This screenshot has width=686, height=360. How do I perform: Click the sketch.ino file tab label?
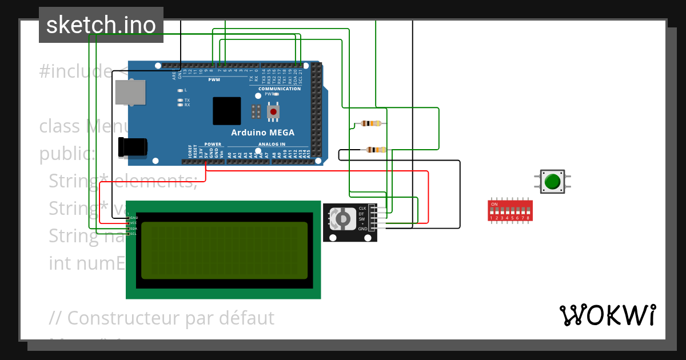tap(101, 25)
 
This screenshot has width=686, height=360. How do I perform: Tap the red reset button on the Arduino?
tap(274, 111)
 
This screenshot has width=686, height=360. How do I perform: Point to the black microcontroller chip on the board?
tap(226, 111)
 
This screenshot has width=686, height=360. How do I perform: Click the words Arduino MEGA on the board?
tap(262, 133)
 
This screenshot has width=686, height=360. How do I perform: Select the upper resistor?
tap(372, 123)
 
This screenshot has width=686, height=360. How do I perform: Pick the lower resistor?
tap(376, 150)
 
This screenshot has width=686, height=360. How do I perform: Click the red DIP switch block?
tap(510, 210)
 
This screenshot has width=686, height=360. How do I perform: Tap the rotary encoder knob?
tap(342, 218)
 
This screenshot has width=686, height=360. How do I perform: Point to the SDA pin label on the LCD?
tap(133, 229)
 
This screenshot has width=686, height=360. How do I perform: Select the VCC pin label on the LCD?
tap(133, 223)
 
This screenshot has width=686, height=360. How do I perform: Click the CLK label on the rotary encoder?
tap(362, 208)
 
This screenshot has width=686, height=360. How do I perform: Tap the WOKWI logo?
tap(607, 315)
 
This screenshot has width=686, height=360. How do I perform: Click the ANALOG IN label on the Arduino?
tap(272, 145)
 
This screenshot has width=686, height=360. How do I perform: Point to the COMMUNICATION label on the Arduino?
tap(280, 89)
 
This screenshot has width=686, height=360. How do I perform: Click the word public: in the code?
tap(67, 154)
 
